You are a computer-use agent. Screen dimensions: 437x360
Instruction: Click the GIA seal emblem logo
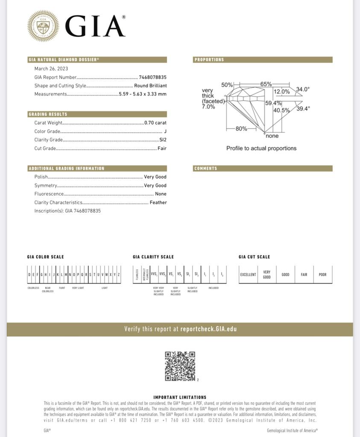pos(43,26)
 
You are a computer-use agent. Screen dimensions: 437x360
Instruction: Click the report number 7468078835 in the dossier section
pos(153,77)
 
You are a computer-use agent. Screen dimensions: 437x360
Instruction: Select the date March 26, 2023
pos(51,69)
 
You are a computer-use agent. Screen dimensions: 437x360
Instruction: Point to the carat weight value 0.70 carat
pos(155,123)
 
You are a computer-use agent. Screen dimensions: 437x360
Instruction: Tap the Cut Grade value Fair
pos(162,149)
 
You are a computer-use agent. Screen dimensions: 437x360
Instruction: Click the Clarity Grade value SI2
pos(163,140)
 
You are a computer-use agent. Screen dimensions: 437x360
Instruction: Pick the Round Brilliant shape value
pos(150,86)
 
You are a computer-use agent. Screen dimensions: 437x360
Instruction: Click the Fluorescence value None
pos(161,194)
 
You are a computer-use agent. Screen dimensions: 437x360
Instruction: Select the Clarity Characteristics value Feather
pos(158,203)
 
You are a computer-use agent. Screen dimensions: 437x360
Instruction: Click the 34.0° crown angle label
pos(303,90)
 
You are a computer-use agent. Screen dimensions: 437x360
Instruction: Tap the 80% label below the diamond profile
pos(241,129)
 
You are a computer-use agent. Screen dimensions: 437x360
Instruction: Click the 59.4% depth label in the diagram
pos(273,103)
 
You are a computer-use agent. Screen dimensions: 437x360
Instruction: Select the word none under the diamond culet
pos(272,136)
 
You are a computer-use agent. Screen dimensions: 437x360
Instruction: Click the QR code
pos(180,366)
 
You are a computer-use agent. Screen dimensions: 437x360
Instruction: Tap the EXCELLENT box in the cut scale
pos(248,275)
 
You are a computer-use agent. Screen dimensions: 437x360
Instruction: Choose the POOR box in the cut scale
pos(322,275)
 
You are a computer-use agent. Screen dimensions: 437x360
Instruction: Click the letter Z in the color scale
pos(119,275)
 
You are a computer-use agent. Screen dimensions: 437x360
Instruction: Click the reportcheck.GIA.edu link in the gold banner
pos(208,329)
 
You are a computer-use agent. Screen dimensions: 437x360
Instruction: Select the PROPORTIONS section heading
pos(209,60)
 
